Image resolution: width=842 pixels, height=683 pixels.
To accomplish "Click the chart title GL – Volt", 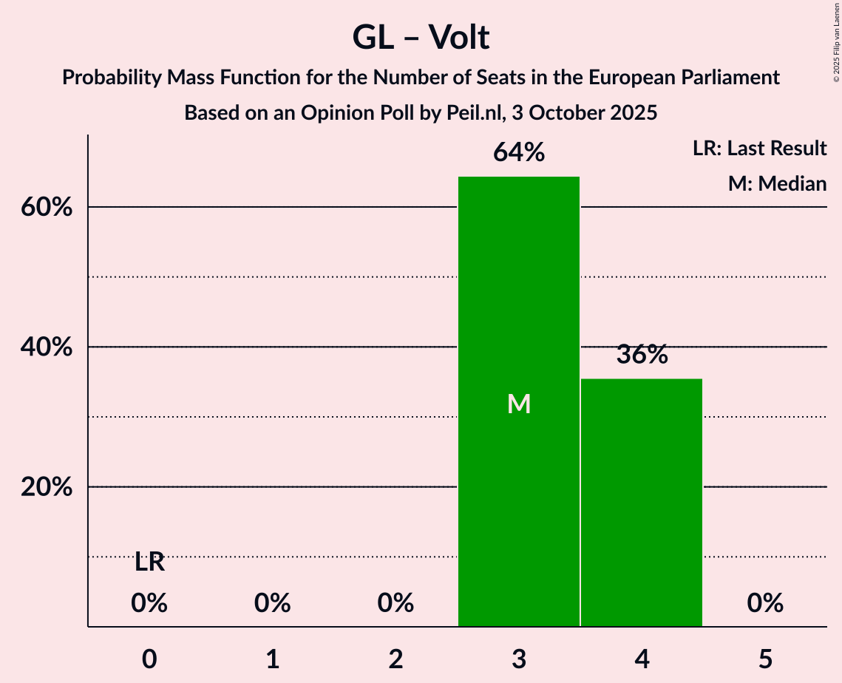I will pyautogui.click(x=421, y=37).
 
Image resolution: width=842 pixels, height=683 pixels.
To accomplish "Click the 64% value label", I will pyautogui.click(x=519, y=153).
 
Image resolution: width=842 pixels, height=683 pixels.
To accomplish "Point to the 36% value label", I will pyautogui.click(x=642, y=355).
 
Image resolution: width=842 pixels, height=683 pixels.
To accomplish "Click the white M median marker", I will pyautogui.click(x=519, y=404).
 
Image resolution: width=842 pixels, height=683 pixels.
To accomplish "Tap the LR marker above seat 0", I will pyautogui.click(x=149, y=563).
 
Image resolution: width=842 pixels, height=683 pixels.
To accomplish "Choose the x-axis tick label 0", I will pyautogui.click(x=149, y=659).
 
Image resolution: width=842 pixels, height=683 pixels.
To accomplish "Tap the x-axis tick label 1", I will pyautogui.click(x=272, y=659).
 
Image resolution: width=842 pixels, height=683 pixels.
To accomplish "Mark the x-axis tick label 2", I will pyautogui.click(x=395, y=659).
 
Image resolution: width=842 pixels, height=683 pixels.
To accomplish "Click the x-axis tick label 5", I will pyautogui.click(x=765, y=659).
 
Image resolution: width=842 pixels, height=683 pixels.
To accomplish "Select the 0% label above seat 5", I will pyautogui.click(x=765, y=604).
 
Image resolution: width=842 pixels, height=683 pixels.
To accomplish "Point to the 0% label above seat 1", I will pyautogui.click(x=272, y=604).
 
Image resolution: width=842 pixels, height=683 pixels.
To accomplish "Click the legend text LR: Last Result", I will pyautogui.click(x=759, y=149).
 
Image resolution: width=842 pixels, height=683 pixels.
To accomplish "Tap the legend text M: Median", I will pyautogui.click(x=777, y=183).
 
